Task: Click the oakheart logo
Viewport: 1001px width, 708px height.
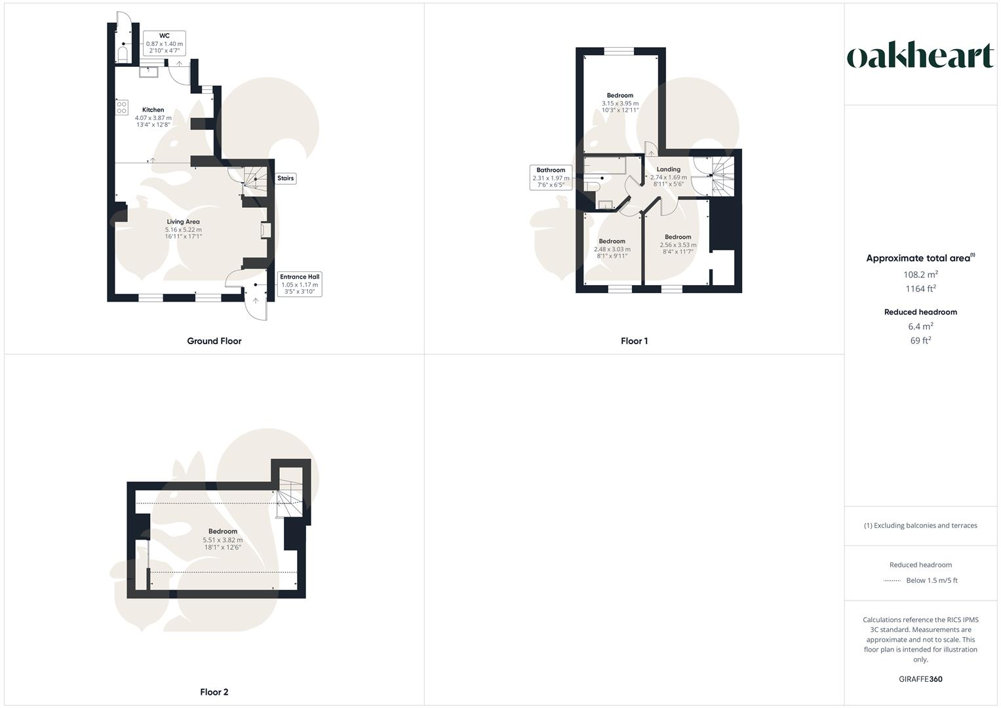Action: (x=920, y=56)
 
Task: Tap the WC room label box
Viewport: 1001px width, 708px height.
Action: (x=164, y=43)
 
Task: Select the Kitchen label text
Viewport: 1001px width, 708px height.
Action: (x=153, y=110)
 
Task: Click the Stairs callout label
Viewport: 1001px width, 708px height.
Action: (x=285, y=178)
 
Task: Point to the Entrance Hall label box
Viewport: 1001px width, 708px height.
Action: (x=300, y=285)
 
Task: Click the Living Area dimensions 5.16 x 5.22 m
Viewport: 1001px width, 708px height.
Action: (x=184, y=230)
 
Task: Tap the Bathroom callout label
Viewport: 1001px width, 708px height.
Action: (x=551, y=178)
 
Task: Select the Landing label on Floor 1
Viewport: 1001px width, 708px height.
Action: (x=669, y=169)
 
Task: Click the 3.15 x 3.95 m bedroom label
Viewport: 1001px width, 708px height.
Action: (x=620, y=103)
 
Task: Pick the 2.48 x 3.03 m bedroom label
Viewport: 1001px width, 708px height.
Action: (x=612, y=249)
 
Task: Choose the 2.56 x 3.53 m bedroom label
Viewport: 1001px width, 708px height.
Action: (x=678, y=245)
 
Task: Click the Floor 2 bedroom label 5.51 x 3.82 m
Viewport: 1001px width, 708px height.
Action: (x=223, y=539)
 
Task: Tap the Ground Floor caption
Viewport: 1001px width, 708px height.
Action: (x=214, y=341)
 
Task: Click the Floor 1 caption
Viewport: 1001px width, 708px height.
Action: (x=634, y=341)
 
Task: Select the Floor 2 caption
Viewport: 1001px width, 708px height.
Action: (x=214, y=692)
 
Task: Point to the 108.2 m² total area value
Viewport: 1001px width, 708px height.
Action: (x=920, y=274)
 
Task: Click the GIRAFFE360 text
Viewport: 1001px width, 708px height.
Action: (x=920, y=679)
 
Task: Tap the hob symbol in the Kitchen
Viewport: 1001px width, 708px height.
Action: (x=122, y=108)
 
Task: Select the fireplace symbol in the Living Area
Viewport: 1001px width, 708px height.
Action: (x=265, y=231)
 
